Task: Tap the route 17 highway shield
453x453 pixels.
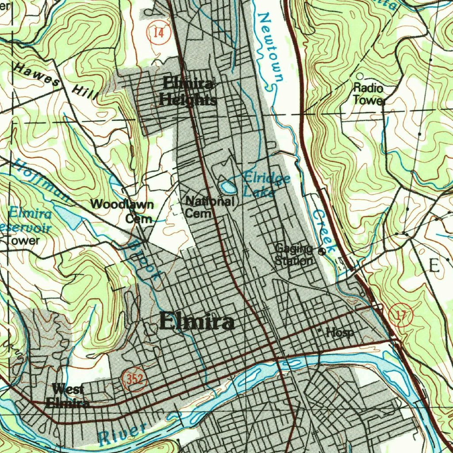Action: click(x=401, y=316)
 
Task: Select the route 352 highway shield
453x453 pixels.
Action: click(x=134, y=379)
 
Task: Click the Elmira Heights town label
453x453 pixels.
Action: click(x=188, y=92)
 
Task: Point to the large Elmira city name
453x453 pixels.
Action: click(x=196, y=322)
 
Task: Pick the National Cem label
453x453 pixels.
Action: click(x=209, y=207)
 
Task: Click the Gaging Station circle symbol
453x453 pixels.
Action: click(x=322, y=251)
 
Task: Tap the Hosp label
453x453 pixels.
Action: click(x=340, y=332)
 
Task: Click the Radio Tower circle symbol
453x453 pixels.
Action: click(x=360, y=77)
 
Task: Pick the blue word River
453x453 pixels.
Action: click(x=122, y=434)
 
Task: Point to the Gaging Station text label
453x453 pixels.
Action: click(x=294, y=255)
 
